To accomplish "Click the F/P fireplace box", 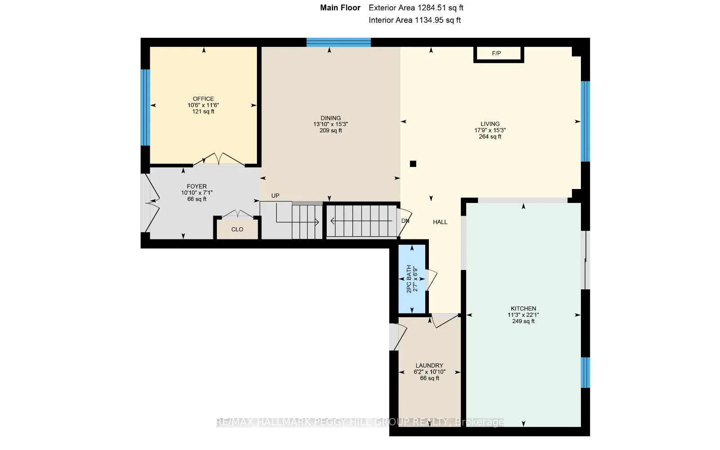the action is (499, 54).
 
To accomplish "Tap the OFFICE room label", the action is (203, 99).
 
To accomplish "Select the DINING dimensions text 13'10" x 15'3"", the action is (330, 124).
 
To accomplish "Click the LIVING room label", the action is (490, 124).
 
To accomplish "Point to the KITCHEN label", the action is (523, 309).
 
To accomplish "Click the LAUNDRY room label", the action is (429, 365).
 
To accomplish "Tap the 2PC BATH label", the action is (409, 279).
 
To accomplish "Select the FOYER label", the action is (197, 186).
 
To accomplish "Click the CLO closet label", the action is (237, 229).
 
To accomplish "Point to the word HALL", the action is (440, 222).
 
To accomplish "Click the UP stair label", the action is (275, 196).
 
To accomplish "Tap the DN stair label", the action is (405, 221).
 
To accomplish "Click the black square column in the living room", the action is (413, 164).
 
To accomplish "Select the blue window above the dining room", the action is (338, 42).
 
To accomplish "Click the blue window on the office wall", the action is (145, 108).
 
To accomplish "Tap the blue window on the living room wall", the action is (585, 121).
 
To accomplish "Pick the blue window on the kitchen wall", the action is (585, 373).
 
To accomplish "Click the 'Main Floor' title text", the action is (340, 8).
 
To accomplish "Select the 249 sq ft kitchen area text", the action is (523, 321).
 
